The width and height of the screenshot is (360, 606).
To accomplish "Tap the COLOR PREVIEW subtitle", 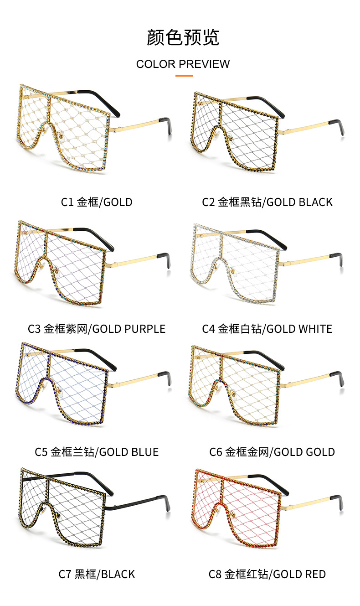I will [183, 64].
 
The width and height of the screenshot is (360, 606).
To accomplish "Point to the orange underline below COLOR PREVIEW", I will [184, 75].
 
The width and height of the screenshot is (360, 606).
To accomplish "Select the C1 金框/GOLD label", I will [97, 202].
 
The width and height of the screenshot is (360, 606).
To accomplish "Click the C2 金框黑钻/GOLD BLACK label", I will [267, 202].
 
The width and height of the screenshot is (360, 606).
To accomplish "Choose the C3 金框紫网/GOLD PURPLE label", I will [97, 329].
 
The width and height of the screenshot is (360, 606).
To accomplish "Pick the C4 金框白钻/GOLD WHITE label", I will [267, 329].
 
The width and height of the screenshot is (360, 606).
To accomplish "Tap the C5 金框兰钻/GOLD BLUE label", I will [97, 452].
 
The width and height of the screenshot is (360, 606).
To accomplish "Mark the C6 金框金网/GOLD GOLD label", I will [272, 452].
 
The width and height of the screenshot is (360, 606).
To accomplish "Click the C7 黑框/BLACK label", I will [97, 574].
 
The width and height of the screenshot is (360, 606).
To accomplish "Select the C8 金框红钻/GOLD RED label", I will [267, 574].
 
